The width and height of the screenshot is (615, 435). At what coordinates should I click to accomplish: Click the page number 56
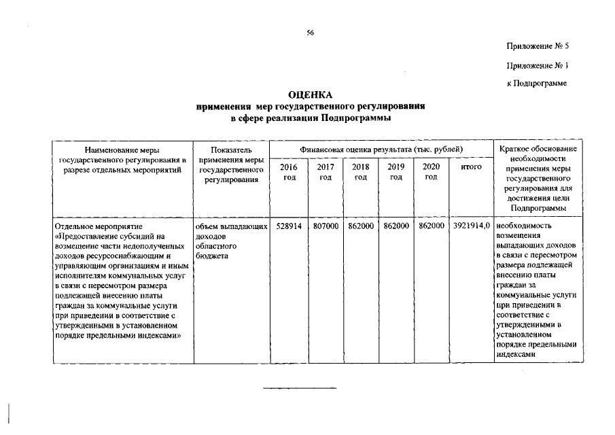(310, 32)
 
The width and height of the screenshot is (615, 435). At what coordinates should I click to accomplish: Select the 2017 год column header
(325, 172)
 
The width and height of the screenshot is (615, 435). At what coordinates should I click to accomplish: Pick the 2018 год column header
(360, 172)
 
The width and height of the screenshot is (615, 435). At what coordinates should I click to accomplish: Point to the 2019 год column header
(396, 172)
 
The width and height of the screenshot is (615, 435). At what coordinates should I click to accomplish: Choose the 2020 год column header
(431, 172)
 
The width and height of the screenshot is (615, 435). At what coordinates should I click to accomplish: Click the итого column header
(471, 167)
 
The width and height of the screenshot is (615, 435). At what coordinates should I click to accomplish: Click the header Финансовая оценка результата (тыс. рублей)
(381, 149)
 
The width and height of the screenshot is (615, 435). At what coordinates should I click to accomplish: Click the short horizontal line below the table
(300, 388)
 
